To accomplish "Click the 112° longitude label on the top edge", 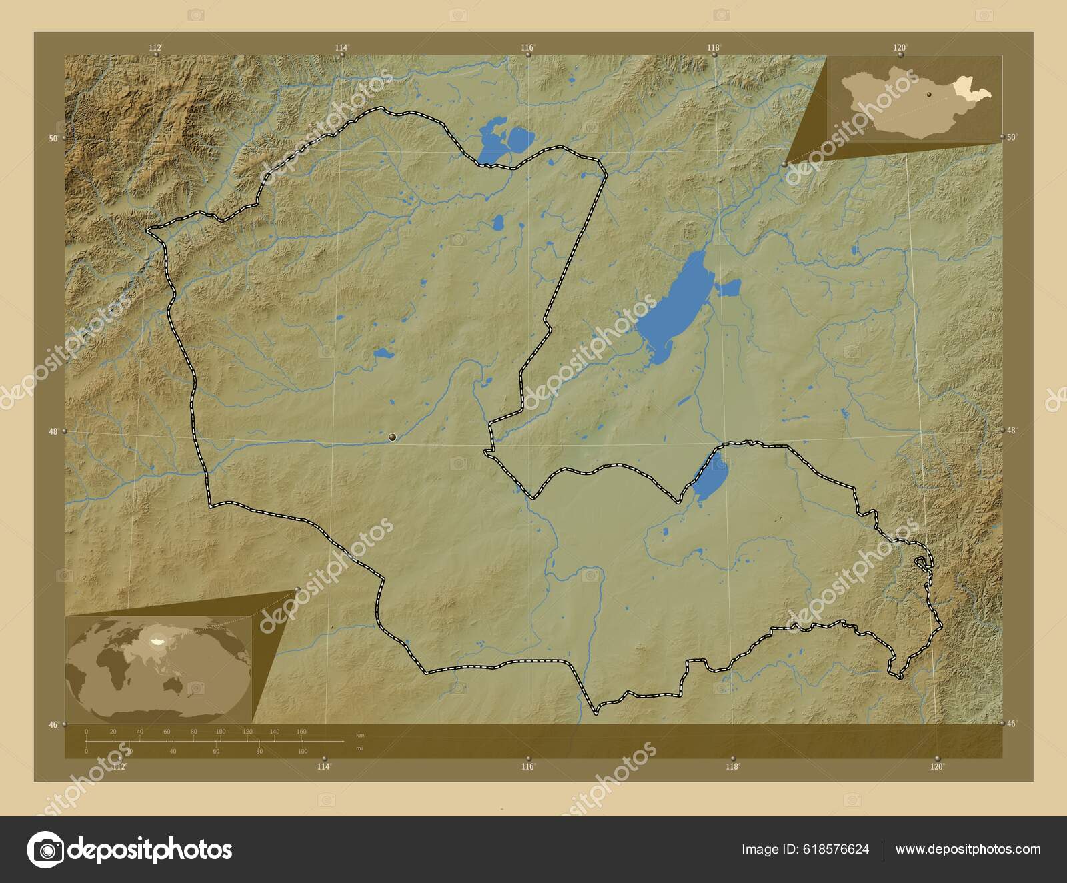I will [x=155, y=47].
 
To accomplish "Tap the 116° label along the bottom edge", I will [x=528, y=767].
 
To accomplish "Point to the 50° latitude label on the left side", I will [x=52, y=138].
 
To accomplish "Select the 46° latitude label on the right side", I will [x=1012, y=724].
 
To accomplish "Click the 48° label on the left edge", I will [x=53, y=431].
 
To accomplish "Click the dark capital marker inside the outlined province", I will [x=392, y=437].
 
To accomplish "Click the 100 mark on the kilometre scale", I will [x=220, y=732].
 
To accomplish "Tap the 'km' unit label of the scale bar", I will [x=360, y=735].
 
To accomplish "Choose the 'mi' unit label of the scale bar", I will [x=359, y=749].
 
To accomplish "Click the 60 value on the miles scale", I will [x=216, y=752].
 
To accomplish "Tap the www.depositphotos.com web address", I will [x=968, y=849].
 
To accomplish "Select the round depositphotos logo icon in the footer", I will [x=45, y=850].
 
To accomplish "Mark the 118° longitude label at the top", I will [x=714, y=47].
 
